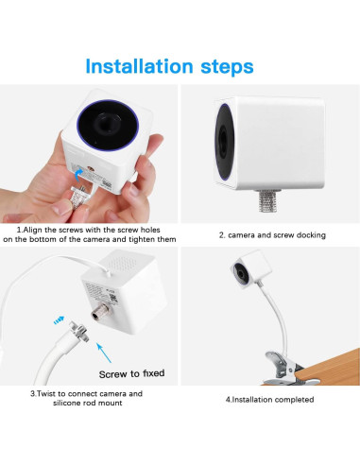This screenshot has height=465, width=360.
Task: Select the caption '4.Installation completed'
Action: (x=269, y=399)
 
